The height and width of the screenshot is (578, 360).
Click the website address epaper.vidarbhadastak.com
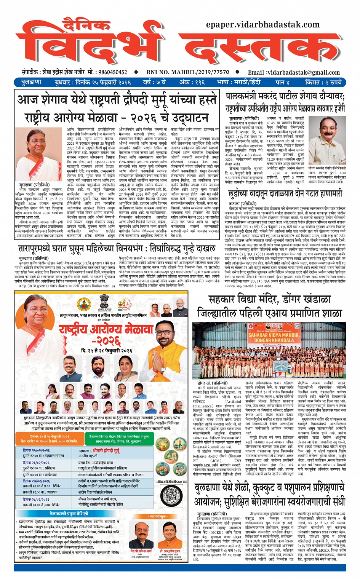tap(262, 25)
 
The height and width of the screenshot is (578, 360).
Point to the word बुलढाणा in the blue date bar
tap(31, 82)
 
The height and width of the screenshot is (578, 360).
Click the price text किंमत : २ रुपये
tap(323, 82)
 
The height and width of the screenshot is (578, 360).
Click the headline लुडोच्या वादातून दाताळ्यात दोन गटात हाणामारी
tap(285, 193)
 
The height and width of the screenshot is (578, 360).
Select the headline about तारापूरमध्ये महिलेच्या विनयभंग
tap(117, 249)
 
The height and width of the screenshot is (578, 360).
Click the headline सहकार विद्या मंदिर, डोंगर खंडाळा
tap(270, 300)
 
